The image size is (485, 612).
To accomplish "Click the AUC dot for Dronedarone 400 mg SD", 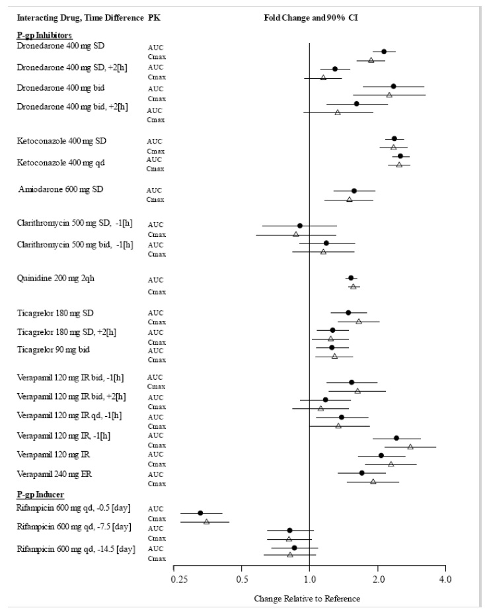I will pos(384,52).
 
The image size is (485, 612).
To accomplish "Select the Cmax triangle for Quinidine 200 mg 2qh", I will pos(353,286).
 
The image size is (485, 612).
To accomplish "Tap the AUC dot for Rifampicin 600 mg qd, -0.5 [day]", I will pos(200,513).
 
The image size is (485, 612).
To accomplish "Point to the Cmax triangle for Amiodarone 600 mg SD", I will pos(350,199).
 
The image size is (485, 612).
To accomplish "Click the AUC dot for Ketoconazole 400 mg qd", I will pos(400,156).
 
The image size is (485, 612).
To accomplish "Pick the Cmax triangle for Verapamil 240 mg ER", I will pos(373,482).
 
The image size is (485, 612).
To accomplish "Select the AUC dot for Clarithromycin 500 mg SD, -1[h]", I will pos(300,226).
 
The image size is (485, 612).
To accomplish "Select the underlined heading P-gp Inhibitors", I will pos(44,34).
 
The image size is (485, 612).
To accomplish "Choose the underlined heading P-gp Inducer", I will pos(41,495).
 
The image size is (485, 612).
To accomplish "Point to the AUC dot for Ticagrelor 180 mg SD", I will pos(348,312).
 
